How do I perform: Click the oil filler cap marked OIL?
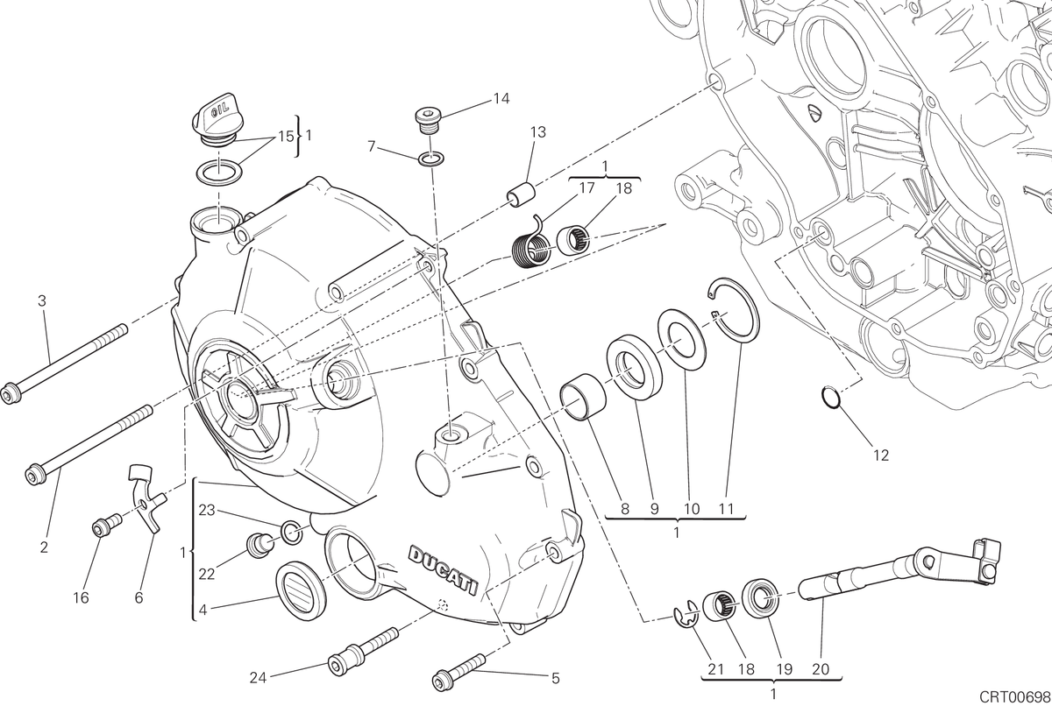pyautogui.click(x=216, y=121)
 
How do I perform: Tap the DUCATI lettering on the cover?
pyautogui.click(x=444, y=570)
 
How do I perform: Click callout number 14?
pyautogui.click(x=501, y=98)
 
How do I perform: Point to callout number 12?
pyautogui.click(x=881, y=455)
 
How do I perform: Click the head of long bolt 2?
pyautogui.click(x=34, y=474)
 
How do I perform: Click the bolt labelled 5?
pyautogui.click(x=458, y=671)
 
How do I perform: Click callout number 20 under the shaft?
pyautogui.click(x=821, y=669)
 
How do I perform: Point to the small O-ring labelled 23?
pyautogui.click(x=291, y=532)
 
